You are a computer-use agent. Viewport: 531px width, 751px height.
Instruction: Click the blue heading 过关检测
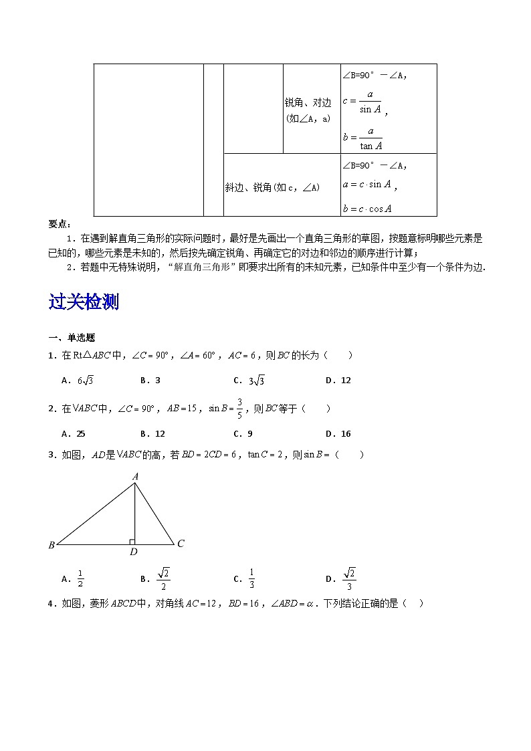84,302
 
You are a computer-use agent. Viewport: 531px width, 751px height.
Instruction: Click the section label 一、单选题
72,338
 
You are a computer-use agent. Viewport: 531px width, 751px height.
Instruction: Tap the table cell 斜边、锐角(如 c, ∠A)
272,188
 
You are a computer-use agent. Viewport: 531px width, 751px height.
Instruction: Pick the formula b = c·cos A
366,208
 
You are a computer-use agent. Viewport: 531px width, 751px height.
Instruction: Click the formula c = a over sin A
364,102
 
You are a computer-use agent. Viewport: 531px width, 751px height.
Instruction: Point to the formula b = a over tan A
363,138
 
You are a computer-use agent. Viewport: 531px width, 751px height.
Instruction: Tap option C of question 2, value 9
243,434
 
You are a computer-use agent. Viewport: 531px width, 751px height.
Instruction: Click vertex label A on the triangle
135,476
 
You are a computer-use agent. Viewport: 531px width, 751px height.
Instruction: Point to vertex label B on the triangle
51,545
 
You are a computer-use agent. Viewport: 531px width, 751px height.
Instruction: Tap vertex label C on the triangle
181,544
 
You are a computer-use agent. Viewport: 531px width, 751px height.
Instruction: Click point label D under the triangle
134,552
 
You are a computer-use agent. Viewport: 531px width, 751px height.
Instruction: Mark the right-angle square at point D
132,542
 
